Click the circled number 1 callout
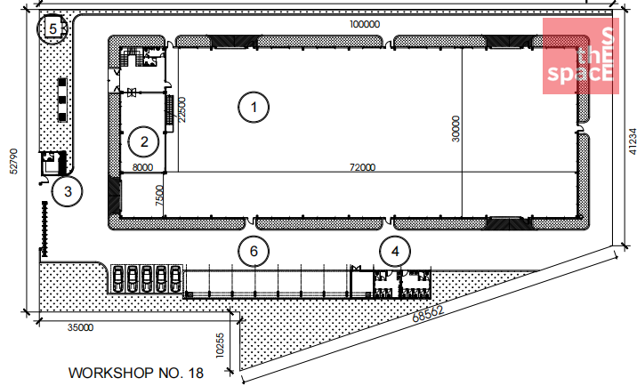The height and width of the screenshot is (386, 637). (254, 108)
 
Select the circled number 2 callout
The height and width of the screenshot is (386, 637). (144, 141)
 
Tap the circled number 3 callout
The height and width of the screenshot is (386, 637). (68, 191)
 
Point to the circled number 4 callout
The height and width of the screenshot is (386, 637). (395, 251)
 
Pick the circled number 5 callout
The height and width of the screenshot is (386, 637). (52, 28)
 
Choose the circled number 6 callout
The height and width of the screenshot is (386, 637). (254, 251)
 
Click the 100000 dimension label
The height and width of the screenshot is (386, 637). (365, 24)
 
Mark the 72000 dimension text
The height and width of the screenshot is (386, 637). (362, 167)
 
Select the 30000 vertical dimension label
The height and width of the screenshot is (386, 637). (456, 129)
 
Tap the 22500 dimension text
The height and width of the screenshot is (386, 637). (181, 109)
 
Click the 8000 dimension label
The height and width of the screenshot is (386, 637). (142, 167)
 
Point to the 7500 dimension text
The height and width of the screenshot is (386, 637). (159, 196)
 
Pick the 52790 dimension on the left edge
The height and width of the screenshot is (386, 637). (14, 161)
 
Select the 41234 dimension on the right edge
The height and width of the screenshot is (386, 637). (633, 141)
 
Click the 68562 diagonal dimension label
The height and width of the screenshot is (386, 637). (428, 314)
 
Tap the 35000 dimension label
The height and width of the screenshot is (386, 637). (80, 327)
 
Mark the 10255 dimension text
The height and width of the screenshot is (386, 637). (220, 346)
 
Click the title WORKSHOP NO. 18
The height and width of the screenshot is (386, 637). (136, 373)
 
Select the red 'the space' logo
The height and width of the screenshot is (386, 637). (581, 56)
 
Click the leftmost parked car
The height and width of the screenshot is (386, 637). (117, 278)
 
